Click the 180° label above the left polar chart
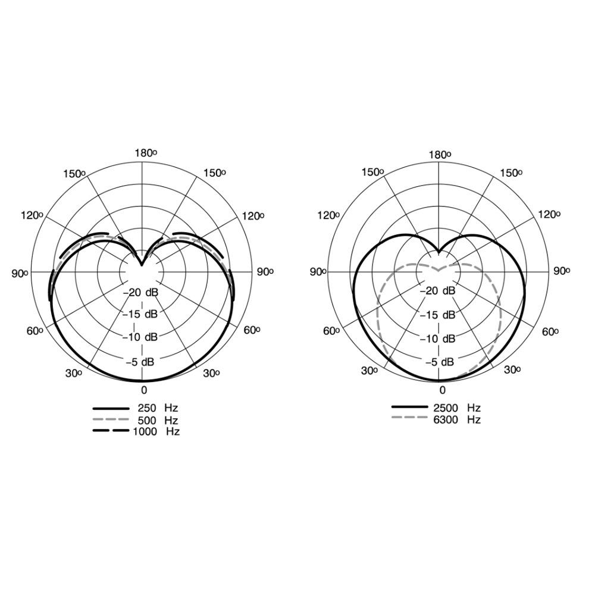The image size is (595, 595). [x=146, y=153]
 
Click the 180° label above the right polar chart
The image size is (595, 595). [x=440, y=155]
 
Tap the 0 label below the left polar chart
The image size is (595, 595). [x=144, y=390]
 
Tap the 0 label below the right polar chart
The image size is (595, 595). [x=443, y=390]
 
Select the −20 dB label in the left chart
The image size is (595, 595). [x=140, y=292]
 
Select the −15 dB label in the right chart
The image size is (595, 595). [x=437, y=315]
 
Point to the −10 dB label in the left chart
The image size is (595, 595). [x=140, y=337]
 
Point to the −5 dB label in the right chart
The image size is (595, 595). [x=440, y=362]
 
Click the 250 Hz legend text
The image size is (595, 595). [x=158, y=408]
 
